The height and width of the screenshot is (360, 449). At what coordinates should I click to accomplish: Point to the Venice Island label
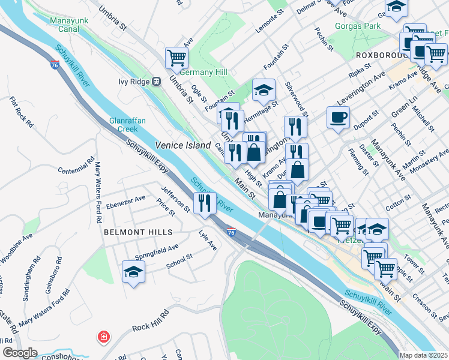point(183,145)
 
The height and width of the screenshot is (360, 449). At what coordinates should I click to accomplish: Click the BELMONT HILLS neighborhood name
point(138,232)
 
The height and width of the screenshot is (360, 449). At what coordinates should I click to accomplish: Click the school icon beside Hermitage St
point(263,89)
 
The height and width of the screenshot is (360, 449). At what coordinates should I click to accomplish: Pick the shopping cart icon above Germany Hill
point(177,57)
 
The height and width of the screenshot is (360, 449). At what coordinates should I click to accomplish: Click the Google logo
point(20,353)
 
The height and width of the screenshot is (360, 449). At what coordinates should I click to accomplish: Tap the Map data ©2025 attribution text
point(423,355)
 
